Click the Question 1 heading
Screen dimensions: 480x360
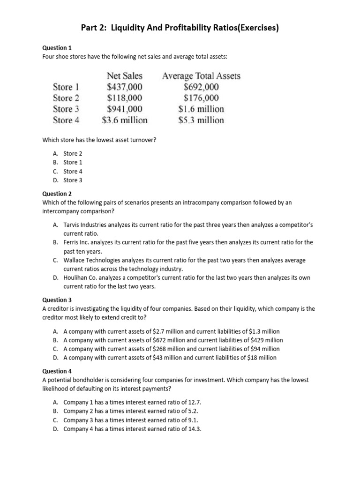coord(57,48)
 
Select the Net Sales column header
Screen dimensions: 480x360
coord(125,75)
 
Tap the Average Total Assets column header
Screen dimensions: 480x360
coord(201,75)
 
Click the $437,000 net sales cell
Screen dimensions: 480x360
coord(125,87)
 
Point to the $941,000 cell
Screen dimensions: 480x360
coord(125,109)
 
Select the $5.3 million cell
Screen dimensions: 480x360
coord(201,120)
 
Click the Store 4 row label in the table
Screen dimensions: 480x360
coord(66,120)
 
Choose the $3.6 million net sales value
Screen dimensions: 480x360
coord(125,120)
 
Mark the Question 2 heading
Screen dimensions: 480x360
coord(57,194)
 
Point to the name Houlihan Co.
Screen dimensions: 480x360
coord(79,278)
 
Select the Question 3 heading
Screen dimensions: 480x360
coord(57,300)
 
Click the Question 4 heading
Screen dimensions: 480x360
coord(57,371)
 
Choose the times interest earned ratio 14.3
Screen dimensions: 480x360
coord(195,429)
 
